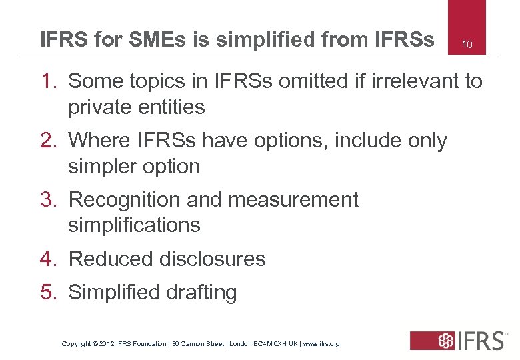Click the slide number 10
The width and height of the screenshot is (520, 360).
pyautogui.click(x=467, y=45)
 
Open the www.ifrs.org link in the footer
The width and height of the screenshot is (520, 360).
pyautogui.click(x=321, y=344)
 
